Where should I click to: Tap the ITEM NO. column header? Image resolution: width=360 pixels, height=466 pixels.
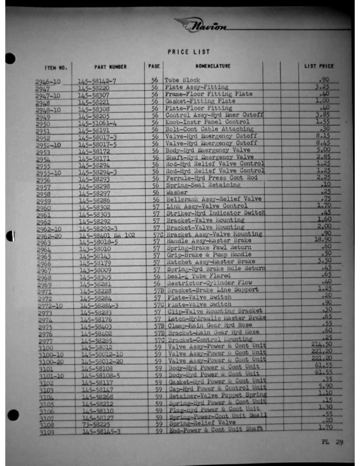pos(56,68)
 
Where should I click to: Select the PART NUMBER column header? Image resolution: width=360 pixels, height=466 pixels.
pos(110,67)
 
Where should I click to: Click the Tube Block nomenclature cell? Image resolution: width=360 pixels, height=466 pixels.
pos(182,79)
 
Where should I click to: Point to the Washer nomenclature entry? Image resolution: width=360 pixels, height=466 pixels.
pos(177,192)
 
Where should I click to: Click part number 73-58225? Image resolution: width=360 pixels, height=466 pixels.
pos(97,440)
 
